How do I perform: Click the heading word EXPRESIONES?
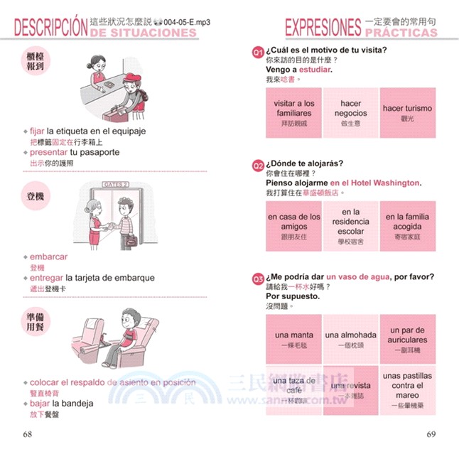click(323, 27)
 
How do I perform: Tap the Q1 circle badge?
click(259, 52)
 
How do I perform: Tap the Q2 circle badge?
click(259, 165)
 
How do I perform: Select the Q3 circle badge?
click(259, 278)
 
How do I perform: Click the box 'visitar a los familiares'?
click(294, 113)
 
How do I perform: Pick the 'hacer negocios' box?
click(351, 113)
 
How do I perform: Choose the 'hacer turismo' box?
click(407, 113)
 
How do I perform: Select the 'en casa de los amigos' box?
click(294, 226)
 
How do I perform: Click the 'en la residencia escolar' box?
click(351, 226)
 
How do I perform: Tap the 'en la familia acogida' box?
click(407, 226)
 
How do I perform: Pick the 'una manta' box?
click(294, 340)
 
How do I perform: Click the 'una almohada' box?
click(351, 340)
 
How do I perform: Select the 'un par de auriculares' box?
click(407, 340)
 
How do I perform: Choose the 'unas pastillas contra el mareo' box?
click(407, 391)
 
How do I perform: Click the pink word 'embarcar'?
click(49, 256)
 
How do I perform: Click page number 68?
click(27, 434)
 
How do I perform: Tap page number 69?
click(431, 434)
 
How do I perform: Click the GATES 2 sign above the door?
click(117, 184)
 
